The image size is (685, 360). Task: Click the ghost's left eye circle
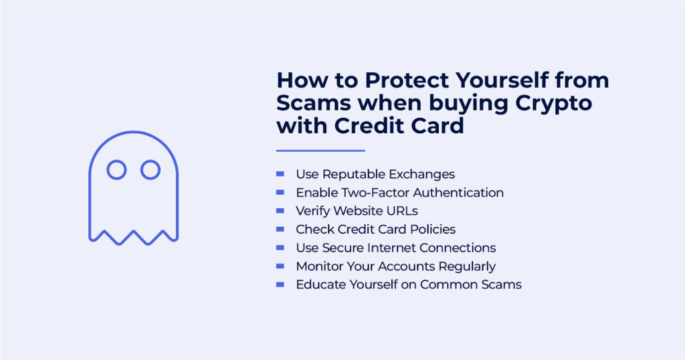point(116,161)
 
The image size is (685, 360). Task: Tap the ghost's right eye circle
point(151,161)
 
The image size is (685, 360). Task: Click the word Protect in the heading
point(407,80)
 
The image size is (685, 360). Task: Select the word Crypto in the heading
point(553,104)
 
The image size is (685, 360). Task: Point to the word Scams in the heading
point(314,103)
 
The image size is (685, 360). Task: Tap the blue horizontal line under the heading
point(320,151)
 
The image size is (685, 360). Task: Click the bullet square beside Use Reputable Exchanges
point(280,174)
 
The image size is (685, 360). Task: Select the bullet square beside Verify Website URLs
point(280,211)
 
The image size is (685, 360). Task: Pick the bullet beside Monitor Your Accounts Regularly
point(280,266)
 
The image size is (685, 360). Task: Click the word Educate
point(320,285)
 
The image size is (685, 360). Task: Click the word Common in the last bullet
point(449,285)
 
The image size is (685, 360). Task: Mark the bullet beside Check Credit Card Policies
point(280,229)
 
